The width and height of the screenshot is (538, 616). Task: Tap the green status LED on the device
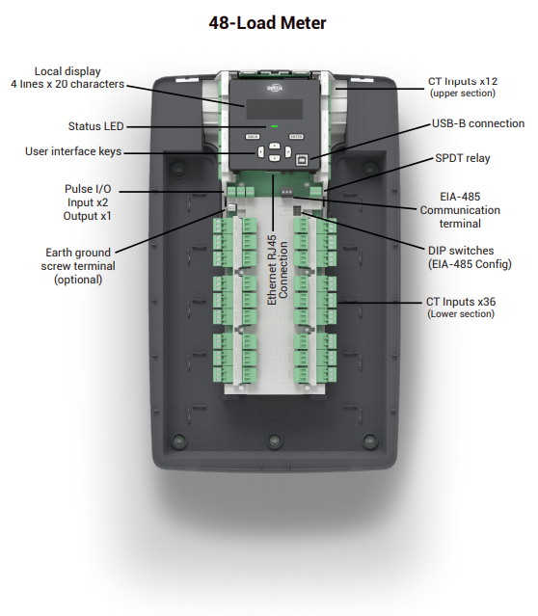tap(274, 125)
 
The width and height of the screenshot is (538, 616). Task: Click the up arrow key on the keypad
tap(274, 146)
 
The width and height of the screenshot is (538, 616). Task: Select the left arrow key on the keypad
tap(260, 152)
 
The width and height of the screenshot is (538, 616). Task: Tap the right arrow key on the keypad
tap(288, 152)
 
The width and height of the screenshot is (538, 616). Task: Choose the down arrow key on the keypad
tap(274, 159)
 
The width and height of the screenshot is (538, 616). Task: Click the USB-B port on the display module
tap(305, 153)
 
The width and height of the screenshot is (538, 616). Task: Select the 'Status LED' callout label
tap(95, 125)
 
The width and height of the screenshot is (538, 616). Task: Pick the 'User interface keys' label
tap(73, 151)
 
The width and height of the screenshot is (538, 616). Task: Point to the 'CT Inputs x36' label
tap(462, 302)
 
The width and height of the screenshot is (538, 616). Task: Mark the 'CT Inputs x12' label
tap(462, 82)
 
